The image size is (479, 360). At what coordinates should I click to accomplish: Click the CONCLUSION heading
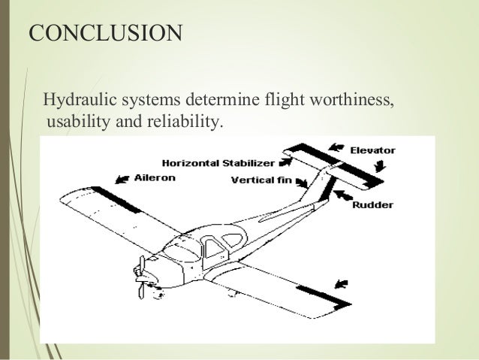pyautogui.click(x=104, y=34)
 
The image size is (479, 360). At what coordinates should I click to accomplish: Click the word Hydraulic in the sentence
pyautogui.click(x=75, y=99)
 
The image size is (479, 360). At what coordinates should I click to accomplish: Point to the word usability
pyautogui.click(x=77, y=121)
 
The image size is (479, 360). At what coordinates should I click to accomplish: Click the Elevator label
pyautogui.click(x=372, y=150)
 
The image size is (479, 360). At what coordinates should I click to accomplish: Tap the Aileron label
pyautogui.click(x=155, y=179)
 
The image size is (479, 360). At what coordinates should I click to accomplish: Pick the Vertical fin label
pyautogui.click(x=261, y=180)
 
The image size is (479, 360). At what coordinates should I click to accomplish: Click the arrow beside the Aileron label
pyautogui.click(x=120, y=180)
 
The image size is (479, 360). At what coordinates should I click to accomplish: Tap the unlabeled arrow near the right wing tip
pyautogui.click(x=341, y=283)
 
